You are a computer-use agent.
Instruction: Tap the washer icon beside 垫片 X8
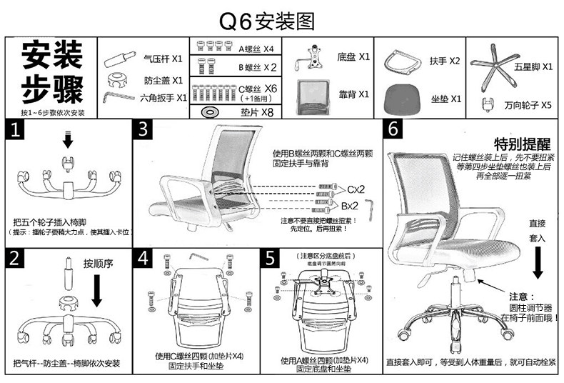[x=211, y=111]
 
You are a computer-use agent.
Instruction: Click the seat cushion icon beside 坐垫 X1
[x=401, y=97]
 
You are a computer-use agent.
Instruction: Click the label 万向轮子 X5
[x=528, y=104]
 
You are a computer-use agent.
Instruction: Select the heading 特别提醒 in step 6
[x=518, y=143]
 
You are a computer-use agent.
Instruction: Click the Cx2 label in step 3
[x=356, y=190]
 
